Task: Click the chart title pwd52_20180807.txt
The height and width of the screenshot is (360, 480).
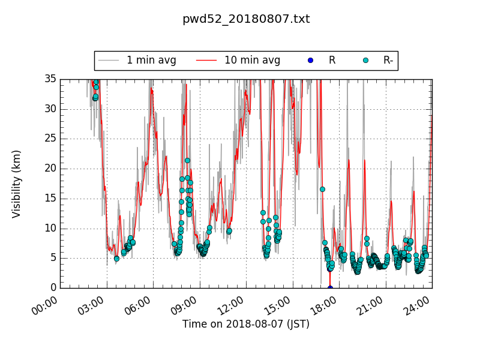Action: pos(246,19)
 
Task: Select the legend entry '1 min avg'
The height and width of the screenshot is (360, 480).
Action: pos(151,60)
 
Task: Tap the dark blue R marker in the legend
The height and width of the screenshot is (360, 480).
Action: pos(310,61)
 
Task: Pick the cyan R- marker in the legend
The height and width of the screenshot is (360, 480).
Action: pos(365,61)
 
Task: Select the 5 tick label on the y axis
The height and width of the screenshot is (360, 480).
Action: pos(52,258)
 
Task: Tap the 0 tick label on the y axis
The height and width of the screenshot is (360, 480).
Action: pos(52,288)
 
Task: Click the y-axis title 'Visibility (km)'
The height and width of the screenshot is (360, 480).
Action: pos(17,184)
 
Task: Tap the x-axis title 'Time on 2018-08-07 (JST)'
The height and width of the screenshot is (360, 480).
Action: pos(246,324)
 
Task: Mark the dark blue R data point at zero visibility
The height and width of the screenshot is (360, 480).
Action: pos(330,288)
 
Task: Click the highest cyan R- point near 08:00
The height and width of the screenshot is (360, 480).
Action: pos(187,160)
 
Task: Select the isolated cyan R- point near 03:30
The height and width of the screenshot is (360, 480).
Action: pos(116,259)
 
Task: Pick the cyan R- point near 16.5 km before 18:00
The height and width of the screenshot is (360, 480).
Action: pos(322,189)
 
